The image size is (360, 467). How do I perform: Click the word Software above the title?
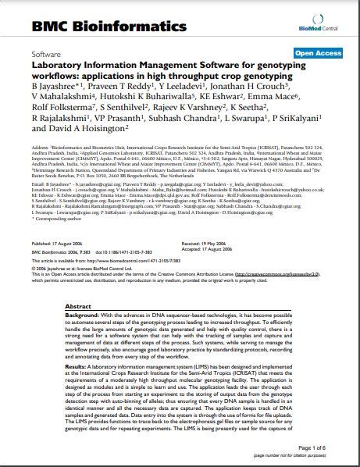click(46, 55)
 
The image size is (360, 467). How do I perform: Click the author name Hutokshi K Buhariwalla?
click(141, 94)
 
